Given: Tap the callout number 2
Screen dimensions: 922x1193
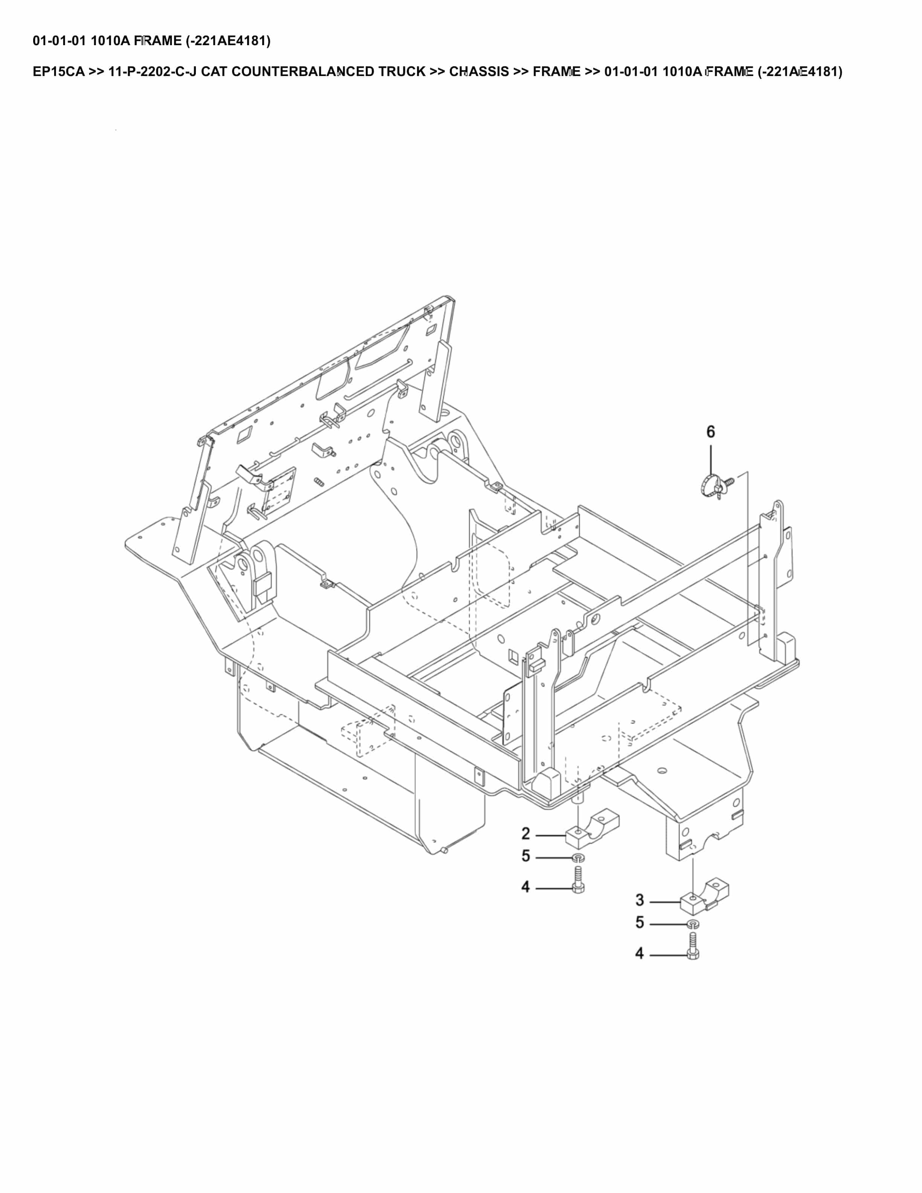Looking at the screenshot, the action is click(x=525, y=834).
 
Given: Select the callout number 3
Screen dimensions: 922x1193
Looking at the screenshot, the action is click(x=640, y=900).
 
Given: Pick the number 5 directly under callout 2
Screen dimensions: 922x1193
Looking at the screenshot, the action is click(x=525, y=856).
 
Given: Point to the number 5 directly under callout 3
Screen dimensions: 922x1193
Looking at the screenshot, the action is click(x=640, y=923).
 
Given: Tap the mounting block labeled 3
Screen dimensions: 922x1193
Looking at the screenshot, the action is click(x=704, y=896).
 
